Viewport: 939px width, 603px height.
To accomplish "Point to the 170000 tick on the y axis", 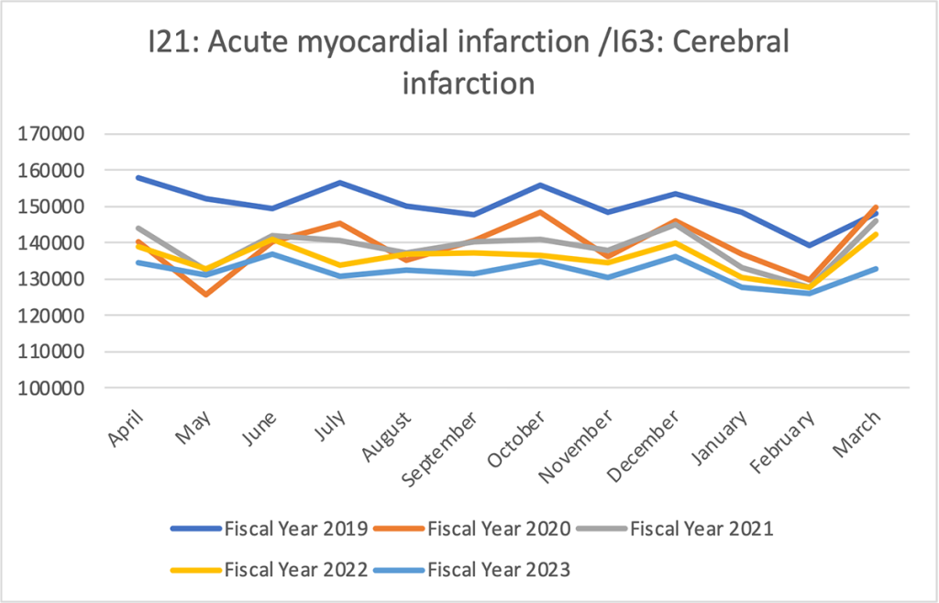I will (52, 134).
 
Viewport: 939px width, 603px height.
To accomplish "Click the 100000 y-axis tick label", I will (52, 388).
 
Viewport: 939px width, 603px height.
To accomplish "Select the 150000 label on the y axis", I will (52, 207).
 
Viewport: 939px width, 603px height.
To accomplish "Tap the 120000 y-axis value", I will (52, 316).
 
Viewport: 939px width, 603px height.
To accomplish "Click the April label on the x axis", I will (129, 429).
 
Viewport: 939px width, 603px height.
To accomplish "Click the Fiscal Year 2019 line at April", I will (138, 177).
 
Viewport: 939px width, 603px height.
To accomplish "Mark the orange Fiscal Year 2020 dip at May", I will (204, 294).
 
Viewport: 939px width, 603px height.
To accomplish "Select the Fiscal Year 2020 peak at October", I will (539, 212).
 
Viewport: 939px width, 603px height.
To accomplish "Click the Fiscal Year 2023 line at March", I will (875, 269).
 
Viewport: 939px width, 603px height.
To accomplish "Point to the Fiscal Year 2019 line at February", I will (808, 245).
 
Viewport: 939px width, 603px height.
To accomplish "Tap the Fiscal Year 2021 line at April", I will (138, 228).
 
